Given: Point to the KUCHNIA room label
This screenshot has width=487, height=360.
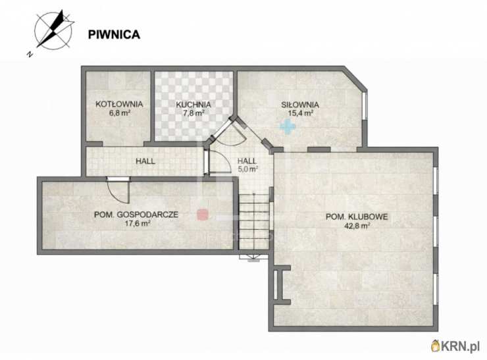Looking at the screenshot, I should tap(193, 104).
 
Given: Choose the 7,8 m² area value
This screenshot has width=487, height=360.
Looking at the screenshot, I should tap(193, 113).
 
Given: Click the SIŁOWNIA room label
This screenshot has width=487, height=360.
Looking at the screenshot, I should tap(299, 104).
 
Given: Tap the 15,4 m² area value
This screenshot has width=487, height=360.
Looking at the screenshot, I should tap(299, 113).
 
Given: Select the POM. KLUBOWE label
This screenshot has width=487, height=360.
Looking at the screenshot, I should tap(355, 217).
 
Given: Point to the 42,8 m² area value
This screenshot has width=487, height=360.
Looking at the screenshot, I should tap(355, 225).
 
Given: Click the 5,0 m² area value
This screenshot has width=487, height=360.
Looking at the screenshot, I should tap(247, 168).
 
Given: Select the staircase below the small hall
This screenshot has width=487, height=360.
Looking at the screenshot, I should tap(255, 224).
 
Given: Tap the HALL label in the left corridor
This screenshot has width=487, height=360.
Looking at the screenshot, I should tap(145, 161).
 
